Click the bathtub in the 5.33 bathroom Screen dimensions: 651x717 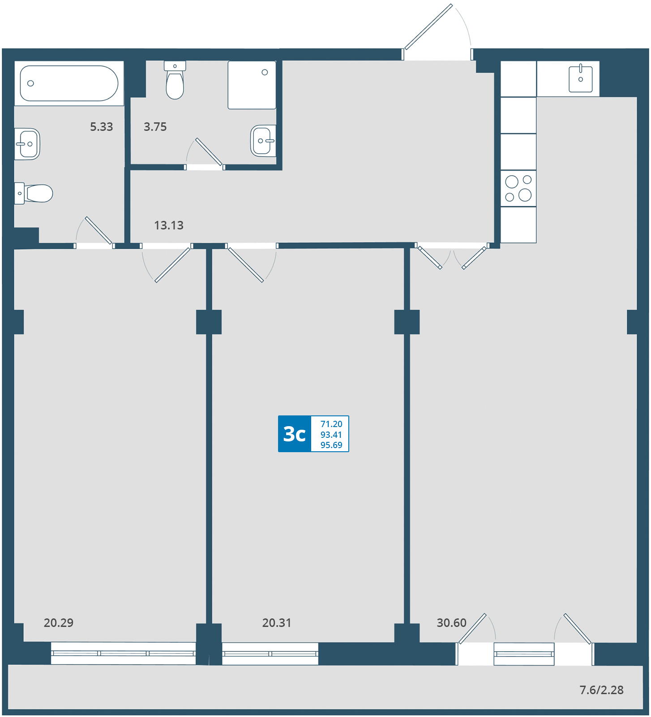coord(69,83)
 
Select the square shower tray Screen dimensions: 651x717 coord(252,85)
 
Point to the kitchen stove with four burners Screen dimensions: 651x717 coord(518,188)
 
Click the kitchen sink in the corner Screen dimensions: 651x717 coord(580,79)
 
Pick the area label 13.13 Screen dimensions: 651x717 coord(169,225)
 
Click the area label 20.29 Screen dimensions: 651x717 coord(59,622)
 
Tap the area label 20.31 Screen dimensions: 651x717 coord(277,622)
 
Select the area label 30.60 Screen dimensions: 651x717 coord(451,622)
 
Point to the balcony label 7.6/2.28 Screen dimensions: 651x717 coord(601,690)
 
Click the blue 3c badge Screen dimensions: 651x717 coord(295,434)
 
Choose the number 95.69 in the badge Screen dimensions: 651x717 coord(331,445)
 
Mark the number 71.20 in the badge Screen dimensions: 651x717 coord(331,424)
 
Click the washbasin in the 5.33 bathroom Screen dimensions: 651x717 coord(27,144)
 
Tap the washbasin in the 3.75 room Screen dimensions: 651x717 coord(263,141)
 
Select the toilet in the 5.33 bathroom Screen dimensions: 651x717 coord(34,193)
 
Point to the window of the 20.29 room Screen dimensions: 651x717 coord(123,653)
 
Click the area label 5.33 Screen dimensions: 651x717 coord(102,127)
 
